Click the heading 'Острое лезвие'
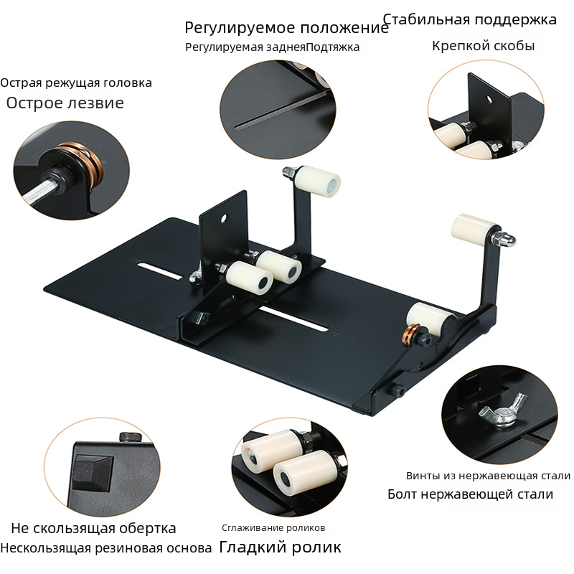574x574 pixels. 65,103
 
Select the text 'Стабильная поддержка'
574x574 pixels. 470,19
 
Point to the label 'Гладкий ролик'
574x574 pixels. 280,547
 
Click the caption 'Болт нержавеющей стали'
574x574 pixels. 471,494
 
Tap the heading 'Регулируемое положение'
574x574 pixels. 286,28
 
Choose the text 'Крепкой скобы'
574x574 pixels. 483,46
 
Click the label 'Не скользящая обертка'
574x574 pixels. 94,528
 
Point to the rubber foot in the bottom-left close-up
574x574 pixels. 93,472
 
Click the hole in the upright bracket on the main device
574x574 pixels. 224,218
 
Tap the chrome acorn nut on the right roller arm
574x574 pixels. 506,239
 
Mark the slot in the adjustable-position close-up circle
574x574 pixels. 280,112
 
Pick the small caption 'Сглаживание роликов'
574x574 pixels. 273,528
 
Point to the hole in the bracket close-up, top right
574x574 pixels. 489,99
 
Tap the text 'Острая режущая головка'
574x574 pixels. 76,83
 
